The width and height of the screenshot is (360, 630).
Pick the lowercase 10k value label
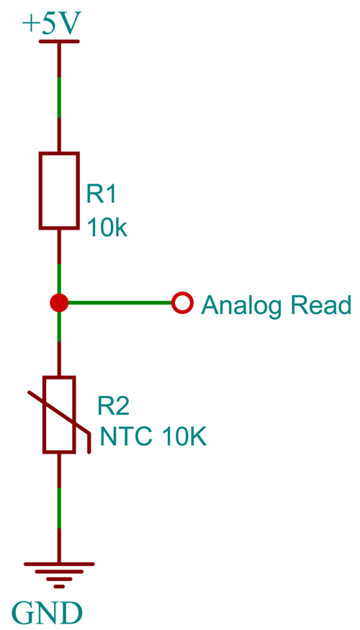[107, 228]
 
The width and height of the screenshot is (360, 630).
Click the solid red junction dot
[59, 303]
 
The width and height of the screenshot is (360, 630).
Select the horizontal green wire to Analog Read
[119, 303]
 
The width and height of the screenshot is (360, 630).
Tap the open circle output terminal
[183, 303]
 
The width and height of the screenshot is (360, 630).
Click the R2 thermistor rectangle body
[59, 415]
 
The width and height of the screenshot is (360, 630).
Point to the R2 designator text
[113, 407]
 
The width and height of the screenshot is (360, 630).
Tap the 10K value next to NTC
[184, 437]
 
